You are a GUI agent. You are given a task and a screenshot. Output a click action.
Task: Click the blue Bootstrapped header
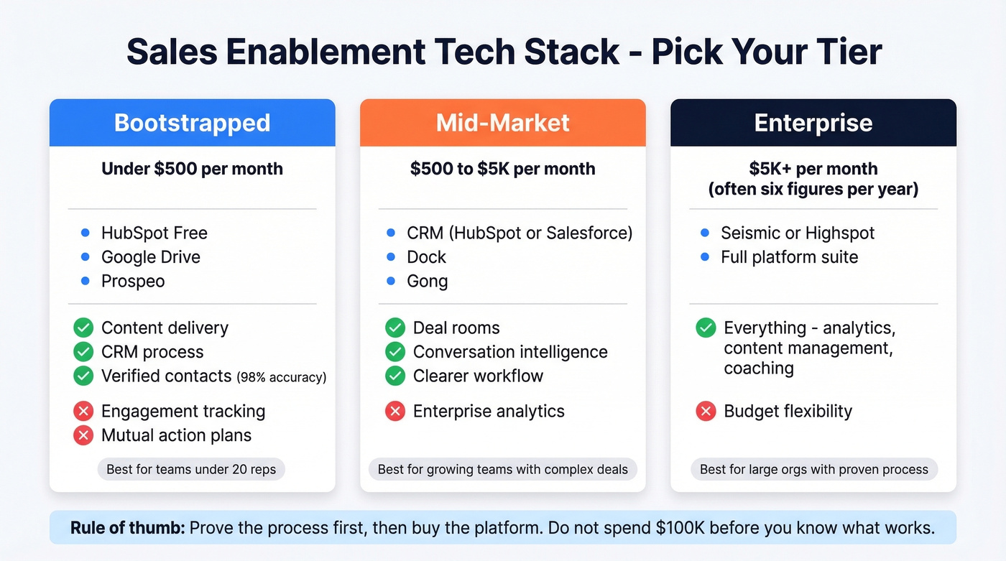(x=192, y=123)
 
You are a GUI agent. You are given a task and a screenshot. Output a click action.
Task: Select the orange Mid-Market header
(x=502, y=123)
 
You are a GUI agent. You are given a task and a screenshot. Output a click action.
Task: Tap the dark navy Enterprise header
(x=813, y=123)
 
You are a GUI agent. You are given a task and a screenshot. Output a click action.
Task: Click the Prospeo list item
(x=133, y=281)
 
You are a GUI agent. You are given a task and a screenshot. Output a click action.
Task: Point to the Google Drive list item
(x=151, y=257)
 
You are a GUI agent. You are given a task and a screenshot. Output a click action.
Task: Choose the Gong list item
(x=427, y=281)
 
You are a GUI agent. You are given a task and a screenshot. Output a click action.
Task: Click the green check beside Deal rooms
(x=394, y=328)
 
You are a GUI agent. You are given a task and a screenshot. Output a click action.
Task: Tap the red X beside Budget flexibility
(x=706, y=412)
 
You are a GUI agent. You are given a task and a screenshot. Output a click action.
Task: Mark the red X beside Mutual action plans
(x=83, y=435)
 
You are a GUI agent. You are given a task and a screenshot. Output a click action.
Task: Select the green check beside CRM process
(x=83, y=352)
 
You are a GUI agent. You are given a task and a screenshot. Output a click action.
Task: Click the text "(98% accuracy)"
(x=282, y=376)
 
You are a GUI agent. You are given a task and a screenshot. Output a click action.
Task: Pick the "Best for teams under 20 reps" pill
(x=191, y=470)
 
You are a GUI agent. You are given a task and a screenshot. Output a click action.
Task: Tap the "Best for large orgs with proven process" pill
(x=813, y=470)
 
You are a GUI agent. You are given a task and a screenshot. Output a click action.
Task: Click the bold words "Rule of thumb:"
(x=128, y=529)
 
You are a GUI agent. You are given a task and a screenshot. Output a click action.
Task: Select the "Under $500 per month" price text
(x=192, y=169)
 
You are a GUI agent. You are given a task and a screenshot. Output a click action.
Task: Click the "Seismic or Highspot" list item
(x=798, y=233)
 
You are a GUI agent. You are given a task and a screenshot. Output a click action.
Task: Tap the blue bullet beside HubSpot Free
(x=86, y=233)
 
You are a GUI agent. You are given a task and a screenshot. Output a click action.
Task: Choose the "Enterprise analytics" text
(x=489, y=412)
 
